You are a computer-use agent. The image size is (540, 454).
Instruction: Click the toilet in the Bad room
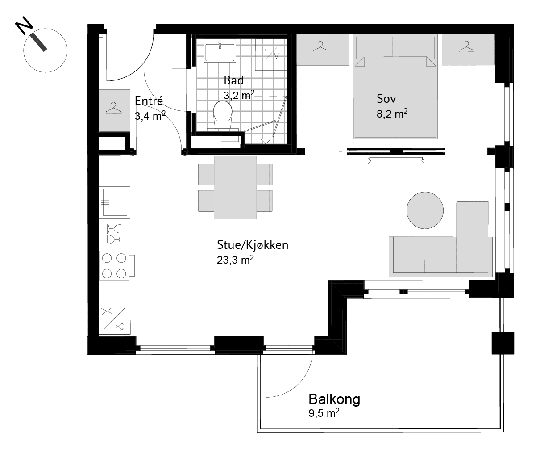223,115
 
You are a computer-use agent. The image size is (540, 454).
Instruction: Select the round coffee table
425,210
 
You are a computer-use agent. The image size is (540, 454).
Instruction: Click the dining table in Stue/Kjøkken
235,187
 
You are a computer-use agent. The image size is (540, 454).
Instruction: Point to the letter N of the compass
24,25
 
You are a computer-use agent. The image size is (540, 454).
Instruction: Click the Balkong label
334,399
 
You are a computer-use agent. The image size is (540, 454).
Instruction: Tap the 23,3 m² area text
235,260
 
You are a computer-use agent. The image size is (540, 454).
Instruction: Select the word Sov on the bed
386,99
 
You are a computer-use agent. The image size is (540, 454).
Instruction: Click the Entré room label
149,101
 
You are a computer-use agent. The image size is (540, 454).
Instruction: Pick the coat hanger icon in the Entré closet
113,108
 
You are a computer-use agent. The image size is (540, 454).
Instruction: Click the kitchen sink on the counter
115,202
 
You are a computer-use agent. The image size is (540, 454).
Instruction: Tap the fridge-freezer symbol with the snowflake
115,319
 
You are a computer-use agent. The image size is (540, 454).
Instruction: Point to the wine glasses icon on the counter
114,234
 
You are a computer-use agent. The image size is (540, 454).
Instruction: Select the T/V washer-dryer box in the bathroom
271,55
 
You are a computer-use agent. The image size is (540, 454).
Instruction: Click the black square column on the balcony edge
503,343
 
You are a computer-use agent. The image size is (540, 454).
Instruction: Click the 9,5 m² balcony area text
324,413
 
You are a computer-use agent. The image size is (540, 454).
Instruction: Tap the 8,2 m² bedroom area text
392,113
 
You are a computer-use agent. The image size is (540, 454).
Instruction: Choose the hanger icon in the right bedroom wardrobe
466,47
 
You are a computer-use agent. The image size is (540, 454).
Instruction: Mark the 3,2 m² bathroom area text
239,95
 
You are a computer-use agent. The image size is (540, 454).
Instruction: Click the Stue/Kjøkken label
253,245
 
